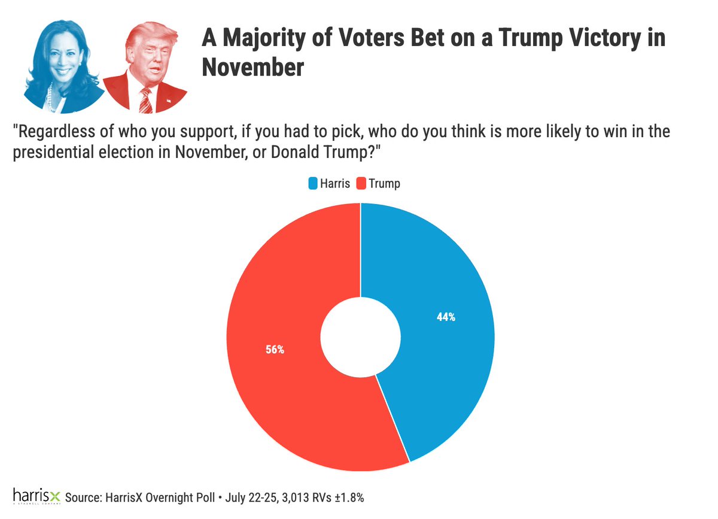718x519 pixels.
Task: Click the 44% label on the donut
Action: pyautogui.click(x=446, y=318)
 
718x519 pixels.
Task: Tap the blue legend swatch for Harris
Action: pyautogui.click(x=312, y=184)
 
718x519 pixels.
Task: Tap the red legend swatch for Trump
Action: pyautogui.click(x=360, y=184)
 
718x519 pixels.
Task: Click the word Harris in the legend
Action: pyautogui.click(x=334, y=184)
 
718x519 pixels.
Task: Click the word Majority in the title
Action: pyautogui.click(x=265, y=40)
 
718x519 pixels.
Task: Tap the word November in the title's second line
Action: pyautogui.click(x=252, y=67)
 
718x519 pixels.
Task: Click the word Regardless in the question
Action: pyautogui.click(x=48, y=132)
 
